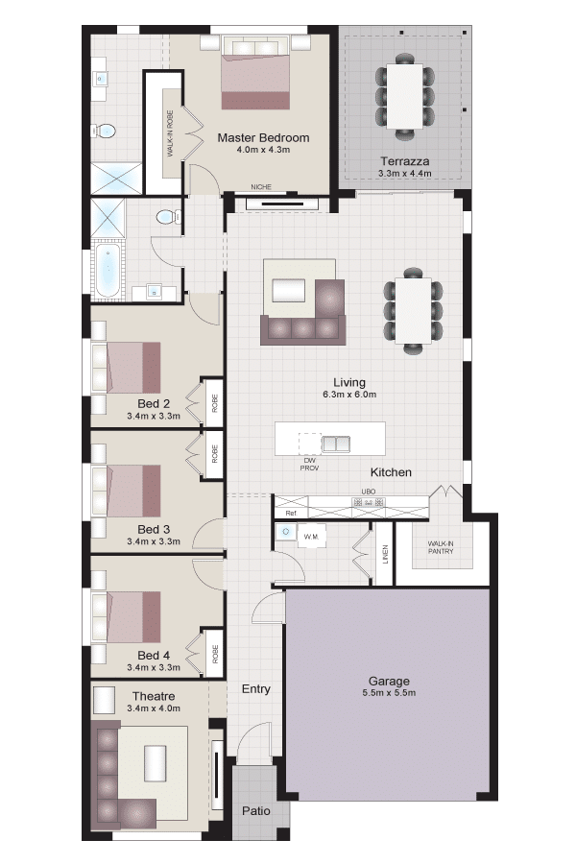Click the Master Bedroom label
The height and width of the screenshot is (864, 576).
(263, 137)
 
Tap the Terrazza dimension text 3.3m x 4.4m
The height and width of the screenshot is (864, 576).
(404, 174)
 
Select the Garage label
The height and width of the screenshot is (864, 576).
(389, 681)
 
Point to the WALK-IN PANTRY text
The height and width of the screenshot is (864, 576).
(441, 547)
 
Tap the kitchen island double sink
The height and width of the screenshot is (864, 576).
(336, 444)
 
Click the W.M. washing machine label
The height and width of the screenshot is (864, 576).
(311, 536)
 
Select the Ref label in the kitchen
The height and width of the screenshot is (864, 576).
(291, 513)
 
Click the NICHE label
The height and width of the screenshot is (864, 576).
(261, 187)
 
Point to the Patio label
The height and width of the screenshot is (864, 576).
(255, 810)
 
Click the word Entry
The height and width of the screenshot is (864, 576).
(255, 688)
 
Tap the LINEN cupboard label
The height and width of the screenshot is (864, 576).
(385, 554)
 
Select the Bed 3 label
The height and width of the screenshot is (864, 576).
(154, 529)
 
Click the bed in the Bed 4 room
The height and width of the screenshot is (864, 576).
(126, 617)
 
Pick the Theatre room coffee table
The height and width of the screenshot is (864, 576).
(156, 762)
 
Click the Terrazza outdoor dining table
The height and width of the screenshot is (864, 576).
(404, 97)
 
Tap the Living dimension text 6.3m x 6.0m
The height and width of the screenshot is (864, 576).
(349, 395)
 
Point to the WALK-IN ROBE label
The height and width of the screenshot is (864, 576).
(170, 133)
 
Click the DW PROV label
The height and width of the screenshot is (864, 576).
(309, 464)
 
